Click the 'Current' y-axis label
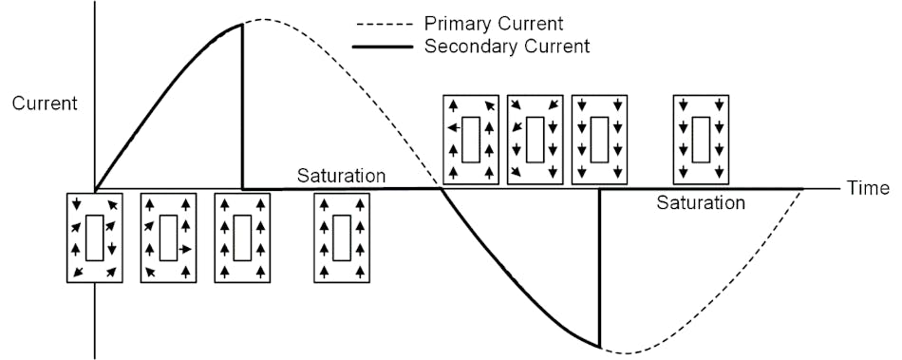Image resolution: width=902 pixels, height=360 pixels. coord(45,103)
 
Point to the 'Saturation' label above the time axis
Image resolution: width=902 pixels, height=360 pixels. coord(341,176)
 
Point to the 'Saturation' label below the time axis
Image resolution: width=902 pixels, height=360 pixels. coord(701,202)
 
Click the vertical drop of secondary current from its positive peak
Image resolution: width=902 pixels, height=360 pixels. coord(243,104)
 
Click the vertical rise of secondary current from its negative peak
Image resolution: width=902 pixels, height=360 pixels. coord(600,266)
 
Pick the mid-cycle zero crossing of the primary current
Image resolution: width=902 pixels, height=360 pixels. coord(441,188)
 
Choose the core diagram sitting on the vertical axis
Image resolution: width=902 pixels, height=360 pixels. coord(95,237)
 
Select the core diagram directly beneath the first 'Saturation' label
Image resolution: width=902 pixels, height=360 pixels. coord(342,237)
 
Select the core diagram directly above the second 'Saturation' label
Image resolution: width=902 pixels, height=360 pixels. coord(701,139)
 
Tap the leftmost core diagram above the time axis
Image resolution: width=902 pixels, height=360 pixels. coord(471,139)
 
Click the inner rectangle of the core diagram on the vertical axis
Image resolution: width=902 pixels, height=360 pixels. coord(95,237)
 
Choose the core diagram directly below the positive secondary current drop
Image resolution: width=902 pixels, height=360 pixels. coord(242,237)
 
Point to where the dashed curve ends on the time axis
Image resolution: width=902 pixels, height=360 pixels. coord(803,189)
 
